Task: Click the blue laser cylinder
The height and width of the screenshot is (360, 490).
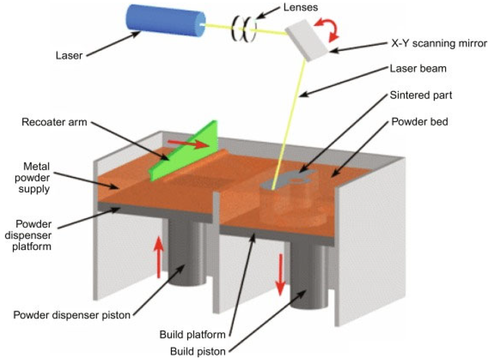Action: [x=166, y=20]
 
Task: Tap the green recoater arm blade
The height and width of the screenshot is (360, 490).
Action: [x=184, y=151]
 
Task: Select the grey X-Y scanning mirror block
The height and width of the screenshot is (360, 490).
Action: [x=308, y=40]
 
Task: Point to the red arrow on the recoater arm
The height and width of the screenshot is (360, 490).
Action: [x=188, y=144]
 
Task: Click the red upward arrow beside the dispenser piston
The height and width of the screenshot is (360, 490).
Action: [x=159, y=257]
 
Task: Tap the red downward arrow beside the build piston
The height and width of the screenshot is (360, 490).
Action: [x=280, y=274]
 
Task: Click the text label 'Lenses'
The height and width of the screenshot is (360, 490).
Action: [x=301, y=7]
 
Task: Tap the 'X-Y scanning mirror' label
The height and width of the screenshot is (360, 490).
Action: [x=439, y=43]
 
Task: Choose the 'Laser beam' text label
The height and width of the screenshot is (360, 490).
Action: [x=418, y=69]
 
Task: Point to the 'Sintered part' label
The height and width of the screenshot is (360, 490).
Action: [x=420, y=95]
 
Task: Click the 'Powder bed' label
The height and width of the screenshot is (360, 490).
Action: [x=420, y=121]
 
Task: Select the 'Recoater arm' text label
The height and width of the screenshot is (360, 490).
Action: [x=54, y=122]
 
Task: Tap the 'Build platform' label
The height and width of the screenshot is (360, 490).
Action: [x=193, y=335]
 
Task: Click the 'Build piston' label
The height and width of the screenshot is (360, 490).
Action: [x=198, y=352]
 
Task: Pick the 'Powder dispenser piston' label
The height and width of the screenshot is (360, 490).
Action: [x=72, y=315]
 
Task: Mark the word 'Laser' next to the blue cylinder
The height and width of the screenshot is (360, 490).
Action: [x=69, y=56]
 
